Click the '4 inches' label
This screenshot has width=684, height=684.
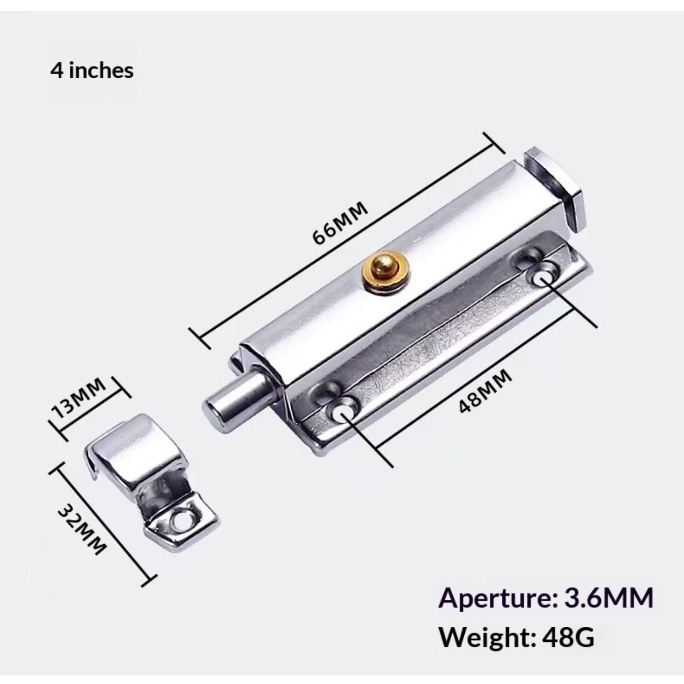click(92, 70)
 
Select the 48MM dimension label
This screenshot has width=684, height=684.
click(485, 391)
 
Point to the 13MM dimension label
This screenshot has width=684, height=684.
click(78, 399)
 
